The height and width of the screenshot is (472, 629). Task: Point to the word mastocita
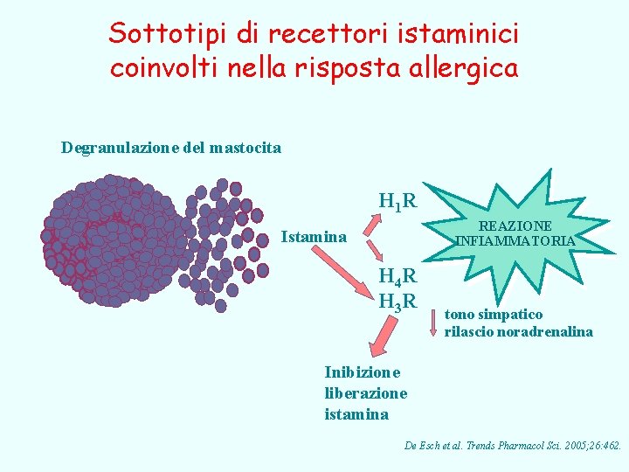click(x=246, y=148)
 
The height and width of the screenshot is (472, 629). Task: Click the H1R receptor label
click(x=397, y=202)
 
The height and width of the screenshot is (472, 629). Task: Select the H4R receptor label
click(x=397, y=279)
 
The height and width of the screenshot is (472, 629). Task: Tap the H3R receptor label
click(x=397, y=303)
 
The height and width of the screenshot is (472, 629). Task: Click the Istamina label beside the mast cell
click(x=314, y=237)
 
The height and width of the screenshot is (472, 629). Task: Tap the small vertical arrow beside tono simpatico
click(x=433, y=321)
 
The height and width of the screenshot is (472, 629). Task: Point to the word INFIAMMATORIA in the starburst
click(x=515, y=240)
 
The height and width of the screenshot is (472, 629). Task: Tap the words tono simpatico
click(x=493, y=315)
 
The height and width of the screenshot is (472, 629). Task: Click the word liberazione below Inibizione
click(x=365, y=393)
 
